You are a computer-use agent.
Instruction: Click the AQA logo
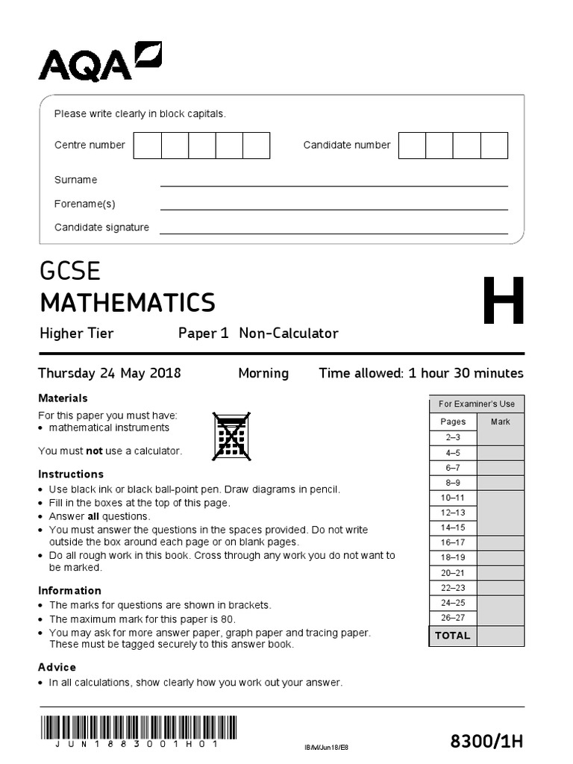click(x=100, y=62)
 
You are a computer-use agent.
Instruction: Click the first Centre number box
click(x=147, y=145)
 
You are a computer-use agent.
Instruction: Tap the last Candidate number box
click(x=494, y=145)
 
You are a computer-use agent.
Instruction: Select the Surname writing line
click(x=334, y=180)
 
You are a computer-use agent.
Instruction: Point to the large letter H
click(x=503, y=302)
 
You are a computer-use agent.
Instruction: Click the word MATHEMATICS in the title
click(x=128, y=303)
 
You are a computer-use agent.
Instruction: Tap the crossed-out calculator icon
click(x=231, y=436)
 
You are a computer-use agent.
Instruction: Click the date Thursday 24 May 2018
click(x=110, y=373)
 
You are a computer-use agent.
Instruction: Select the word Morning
click(x=263, y=373)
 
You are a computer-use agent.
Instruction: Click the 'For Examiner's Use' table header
click(x=476, y=404)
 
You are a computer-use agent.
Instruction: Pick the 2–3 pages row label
click(x=452, y=437)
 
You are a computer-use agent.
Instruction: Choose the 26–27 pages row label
click(x=452, y=618)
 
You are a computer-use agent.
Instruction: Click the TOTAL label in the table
click(x=452, y=636)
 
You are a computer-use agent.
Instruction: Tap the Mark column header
click(x=500, y=422)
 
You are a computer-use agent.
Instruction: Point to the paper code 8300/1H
click(x=486, y=741)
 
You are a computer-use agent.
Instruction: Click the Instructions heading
click(x=71, y=475)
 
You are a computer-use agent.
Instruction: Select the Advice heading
click(x=57, y=667)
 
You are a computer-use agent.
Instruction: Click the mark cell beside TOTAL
click(x=500, y=636)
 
